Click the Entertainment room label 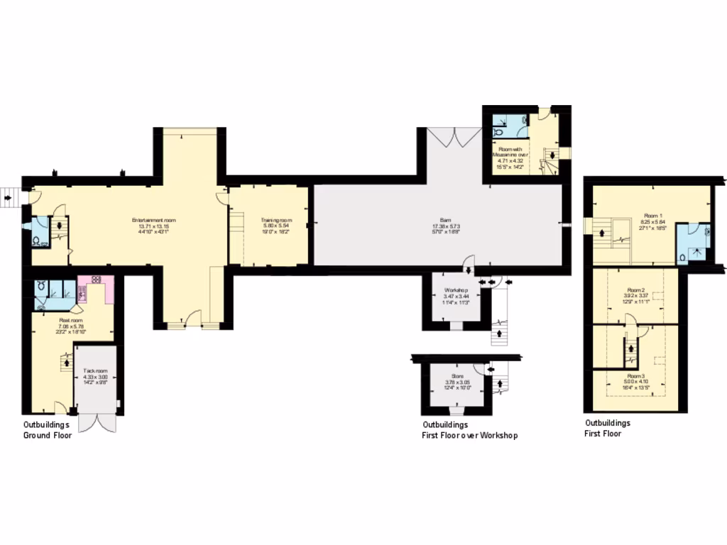153,221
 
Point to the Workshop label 455,291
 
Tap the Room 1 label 652,215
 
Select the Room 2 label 635,290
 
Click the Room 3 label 636,375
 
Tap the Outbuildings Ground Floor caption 47,430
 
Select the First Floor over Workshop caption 469,430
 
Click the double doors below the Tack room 96,422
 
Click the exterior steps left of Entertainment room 9,196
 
